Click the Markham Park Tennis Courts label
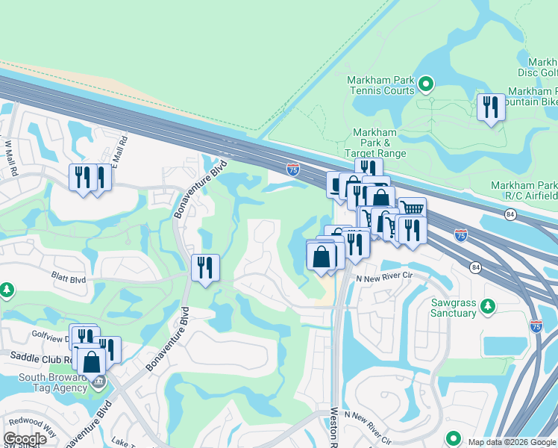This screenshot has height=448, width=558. tap(380, 84)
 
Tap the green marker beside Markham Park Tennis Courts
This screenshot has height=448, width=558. tap(426, 84)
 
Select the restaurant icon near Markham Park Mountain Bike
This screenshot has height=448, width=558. tap(491, 108)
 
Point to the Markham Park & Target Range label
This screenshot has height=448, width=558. tap(375, 142)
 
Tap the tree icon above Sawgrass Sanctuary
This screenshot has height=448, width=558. tap(488, 305)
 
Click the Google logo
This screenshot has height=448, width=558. tap(25, 439)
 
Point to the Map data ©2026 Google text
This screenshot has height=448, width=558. tap(511, 442)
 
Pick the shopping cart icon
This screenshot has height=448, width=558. tap(411, 208)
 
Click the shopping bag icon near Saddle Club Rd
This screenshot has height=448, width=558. tap(91, 361)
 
